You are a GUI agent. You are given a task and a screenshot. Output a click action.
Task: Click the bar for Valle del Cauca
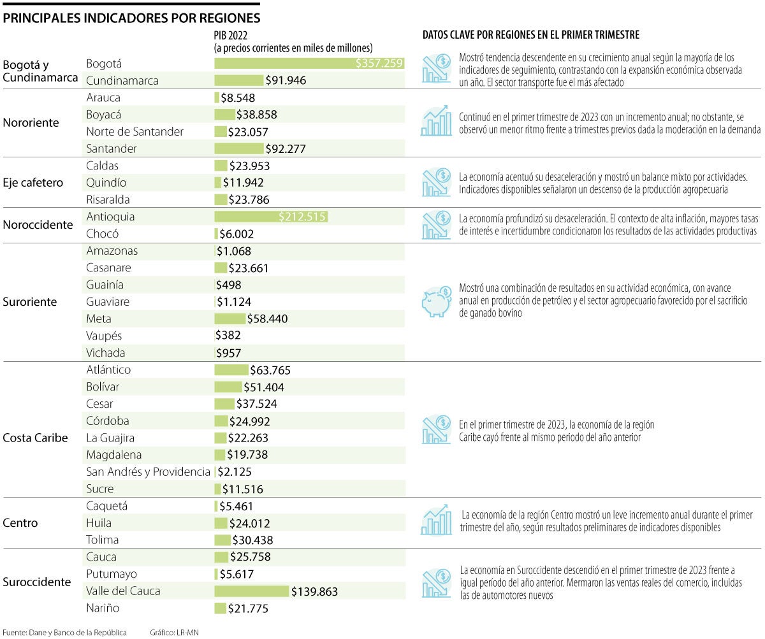[x=251, y=591]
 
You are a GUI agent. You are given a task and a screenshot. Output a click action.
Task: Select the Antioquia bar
[x=270, y=217]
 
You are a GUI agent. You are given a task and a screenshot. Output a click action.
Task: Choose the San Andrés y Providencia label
[x=148, y=472]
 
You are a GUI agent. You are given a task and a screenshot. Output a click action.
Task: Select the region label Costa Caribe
[x=35, y=438]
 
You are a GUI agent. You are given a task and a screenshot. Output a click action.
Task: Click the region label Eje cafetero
[x=33, y=183]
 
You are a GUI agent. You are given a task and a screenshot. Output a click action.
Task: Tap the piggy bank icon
[x=436, y=302]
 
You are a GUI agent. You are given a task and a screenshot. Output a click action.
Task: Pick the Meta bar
[x=229, y=319]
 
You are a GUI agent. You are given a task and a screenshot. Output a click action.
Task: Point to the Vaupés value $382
[x=228, y=336]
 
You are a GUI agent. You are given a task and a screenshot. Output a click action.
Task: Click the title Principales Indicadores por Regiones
[x=131, y=18]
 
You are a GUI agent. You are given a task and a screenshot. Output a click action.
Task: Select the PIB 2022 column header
[x=293, y=41]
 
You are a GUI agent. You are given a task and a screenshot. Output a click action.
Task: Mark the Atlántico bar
[x=231, y=370]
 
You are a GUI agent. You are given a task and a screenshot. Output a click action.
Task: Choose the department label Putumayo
[x=112, y=574]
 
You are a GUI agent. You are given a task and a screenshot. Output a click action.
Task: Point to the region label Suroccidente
[x=37, y=582]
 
